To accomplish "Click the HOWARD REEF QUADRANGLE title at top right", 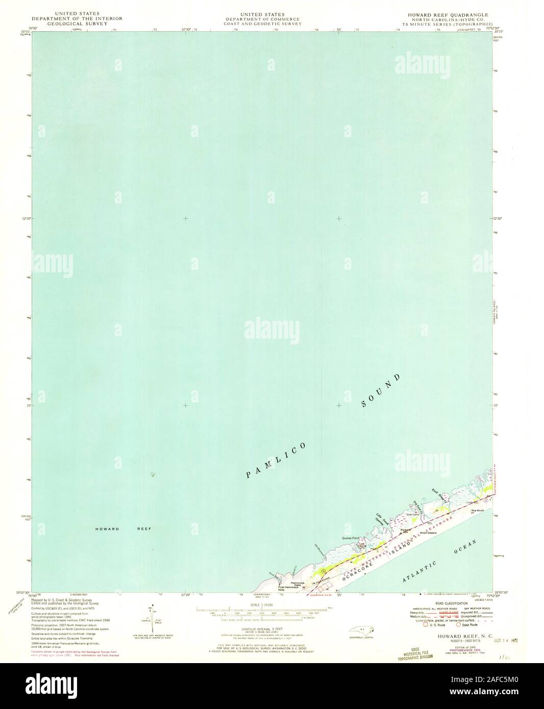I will tap(443, 15).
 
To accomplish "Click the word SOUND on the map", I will tap(380, 391).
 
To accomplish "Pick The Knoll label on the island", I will tap(477, 511).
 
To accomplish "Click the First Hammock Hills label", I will tap(288, 588).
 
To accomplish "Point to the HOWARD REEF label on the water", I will tap(122, 529).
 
